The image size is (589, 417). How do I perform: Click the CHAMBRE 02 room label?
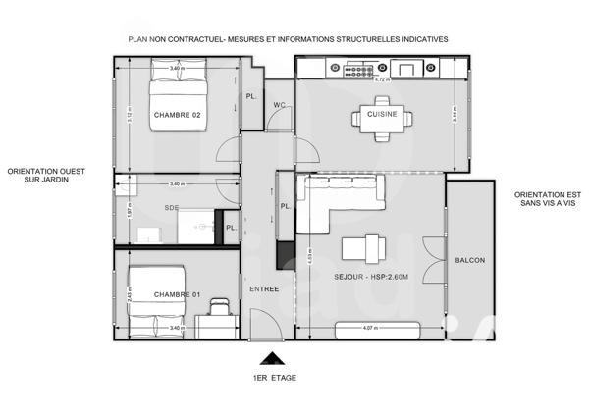pos(177,116)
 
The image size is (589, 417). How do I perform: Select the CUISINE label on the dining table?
pos(381,115)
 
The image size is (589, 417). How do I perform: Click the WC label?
pos(279,104)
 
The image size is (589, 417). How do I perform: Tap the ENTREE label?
pos(263,288)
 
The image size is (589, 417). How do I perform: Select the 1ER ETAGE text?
pos(275,378)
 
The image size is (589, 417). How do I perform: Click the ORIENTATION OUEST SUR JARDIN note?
pos(45,174)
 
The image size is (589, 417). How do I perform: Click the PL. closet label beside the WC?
pos(252,97)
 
